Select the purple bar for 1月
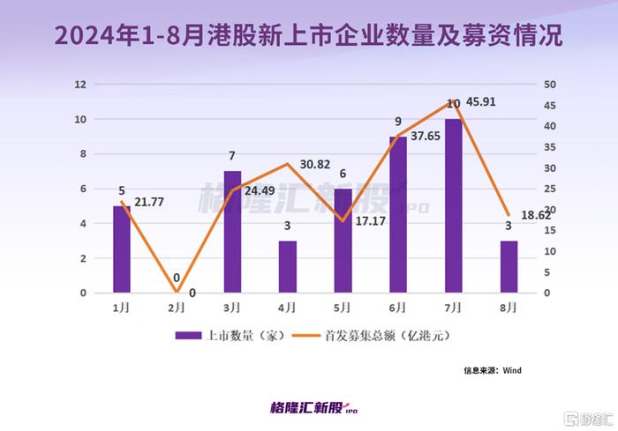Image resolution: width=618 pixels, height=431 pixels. click(122, 249)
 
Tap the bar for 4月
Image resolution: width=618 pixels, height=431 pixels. click(288, 266)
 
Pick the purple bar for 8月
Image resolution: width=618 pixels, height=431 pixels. click(509, 266)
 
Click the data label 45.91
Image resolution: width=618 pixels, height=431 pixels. click(488, 102)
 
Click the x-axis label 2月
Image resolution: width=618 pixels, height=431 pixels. click(177, 308)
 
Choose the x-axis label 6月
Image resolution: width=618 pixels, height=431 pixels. click(398, 308)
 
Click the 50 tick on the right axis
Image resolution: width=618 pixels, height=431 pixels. click(550, 85)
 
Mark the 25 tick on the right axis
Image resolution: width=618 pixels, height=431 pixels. click(550, 189)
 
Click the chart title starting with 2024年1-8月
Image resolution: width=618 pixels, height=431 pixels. click(309, 36)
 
